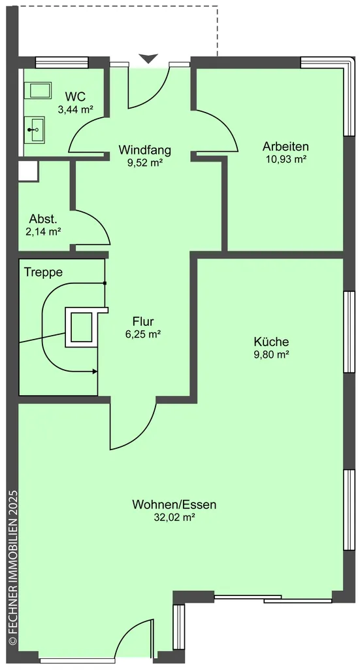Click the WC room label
[75, 96]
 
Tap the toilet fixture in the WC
[41, 90]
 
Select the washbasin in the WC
[37, 129]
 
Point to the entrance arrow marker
[148, 58]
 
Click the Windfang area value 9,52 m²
[145, 162]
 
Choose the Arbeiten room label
[286, 147]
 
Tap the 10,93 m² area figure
[286, 159]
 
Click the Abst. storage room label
[43, 220]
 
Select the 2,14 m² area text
[43, 232]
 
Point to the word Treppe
[43, 272]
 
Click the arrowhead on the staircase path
[95, 372]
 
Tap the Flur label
[143, 321]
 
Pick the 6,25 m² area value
[143, 334]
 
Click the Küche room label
[271, 342]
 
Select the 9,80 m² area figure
[272, 354]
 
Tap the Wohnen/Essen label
[174, 504]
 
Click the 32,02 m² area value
[174, 518]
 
